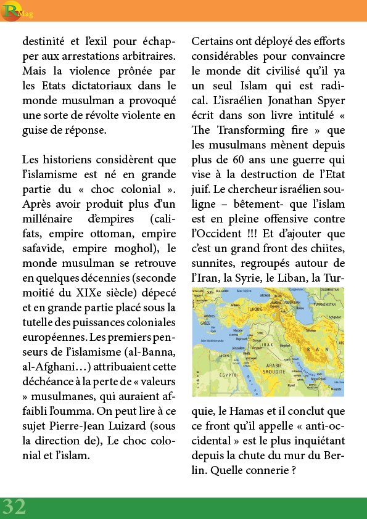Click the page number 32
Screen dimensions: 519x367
point(14,507)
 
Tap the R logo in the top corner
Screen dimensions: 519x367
point(9,10)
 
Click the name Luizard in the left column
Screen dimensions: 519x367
point(136,426)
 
